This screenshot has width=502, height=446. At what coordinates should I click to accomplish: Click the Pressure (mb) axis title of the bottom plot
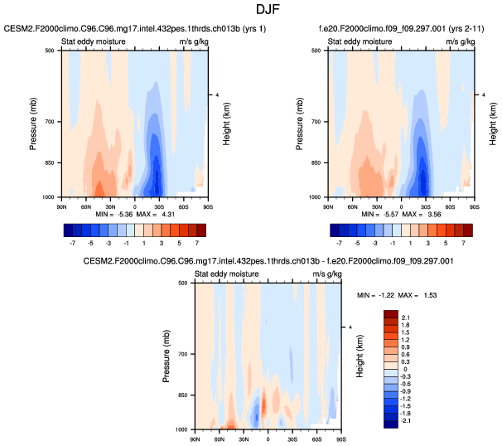(167, 356)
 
